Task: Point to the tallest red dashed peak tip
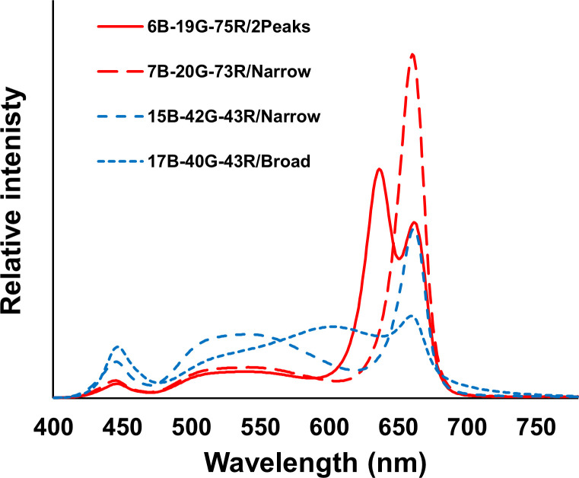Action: click(412, 54)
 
